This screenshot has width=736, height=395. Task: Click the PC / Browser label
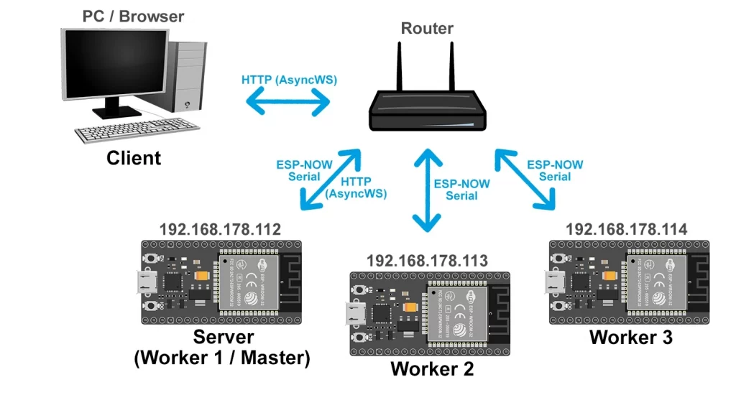tap(134, 16)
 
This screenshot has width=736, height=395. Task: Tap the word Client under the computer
tap(134, 158)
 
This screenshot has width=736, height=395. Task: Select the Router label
tap(427, 29)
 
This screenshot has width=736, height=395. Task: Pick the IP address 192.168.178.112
tap(220, 230)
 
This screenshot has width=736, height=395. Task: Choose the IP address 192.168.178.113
tap(427, 260)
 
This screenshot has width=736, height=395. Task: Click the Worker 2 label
tap(432, 369)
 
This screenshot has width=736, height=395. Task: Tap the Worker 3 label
tap(630, 337)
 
